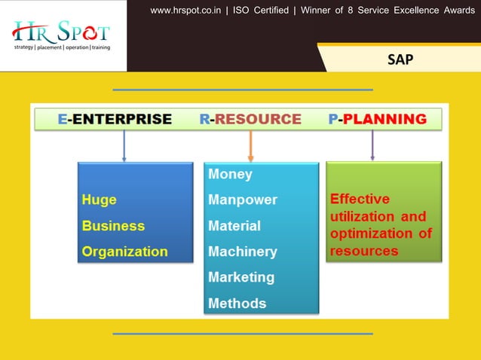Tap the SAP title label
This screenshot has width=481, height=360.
click(400, 59)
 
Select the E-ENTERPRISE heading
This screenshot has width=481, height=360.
click(115, 119)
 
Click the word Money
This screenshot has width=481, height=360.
click(230, 174)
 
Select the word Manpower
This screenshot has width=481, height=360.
click(242, 200)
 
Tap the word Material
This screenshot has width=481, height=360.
click(234, 226)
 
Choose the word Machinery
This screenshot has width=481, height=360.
click(242, 252)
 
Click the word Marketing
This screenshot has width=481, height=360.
click(240, 277)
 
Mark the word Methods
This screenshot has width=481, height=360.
click(237, 304)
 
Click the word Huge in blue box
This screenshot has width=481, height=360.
click(99, 200)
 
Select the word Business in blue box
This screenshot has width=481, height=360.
click(113, 226)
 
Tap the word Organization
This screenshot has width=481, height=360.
click(124, 252)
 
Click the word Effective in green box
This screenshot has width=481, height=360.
click(360, 200)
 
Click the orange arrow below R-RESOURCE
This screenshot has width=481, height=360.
click(250, 146)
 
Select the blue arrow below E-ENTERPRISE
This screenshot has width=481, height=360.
click(124, 146)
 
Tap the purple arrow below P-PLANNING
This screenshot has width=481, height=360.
click(372, 146)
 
